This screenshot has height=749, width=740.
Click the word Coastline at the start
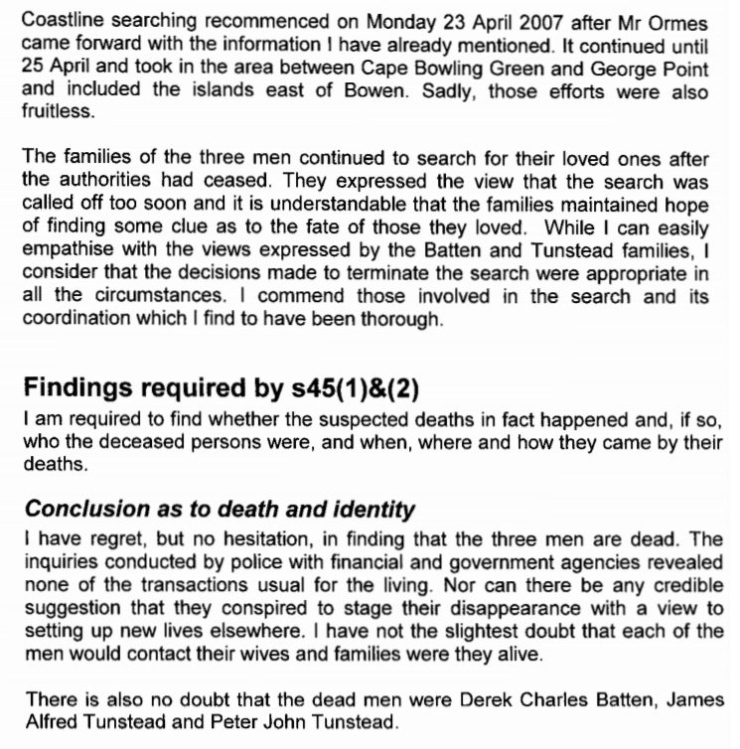click(60, 20)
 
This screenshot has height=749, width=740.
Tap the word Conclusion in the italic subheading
click(78, 510)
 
